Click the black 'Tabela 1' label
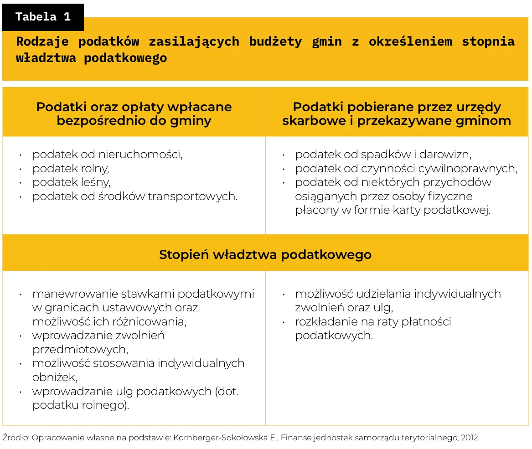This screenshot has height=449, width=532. click(43, 17)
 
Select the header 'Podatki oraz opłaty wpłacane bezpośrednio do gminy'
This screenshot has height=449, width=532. click(134, 114)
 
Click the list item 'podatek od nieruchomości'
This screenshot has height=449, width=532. click(107, 155)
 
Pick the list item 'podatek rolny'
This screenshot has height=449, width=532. click(71, 169)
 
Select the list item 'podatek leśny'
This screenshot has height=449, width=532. click(71, 182)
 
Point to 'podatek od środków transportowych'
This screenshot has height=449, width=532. click(135, 196)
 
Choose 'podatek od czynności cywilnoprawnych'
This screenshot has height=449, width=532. click(406, 169)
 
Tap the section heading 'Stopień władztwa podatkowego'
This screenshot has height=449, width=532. click(265, 254)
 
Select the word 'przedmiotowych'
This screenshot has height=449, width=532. click(80, 350)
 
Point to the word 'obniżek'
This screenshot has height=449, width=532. click(55, 377)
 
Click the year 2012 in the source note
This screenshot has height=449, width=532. click(469, 438)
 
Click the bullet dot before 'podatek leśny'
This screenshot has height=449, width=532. click(21, 183)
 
